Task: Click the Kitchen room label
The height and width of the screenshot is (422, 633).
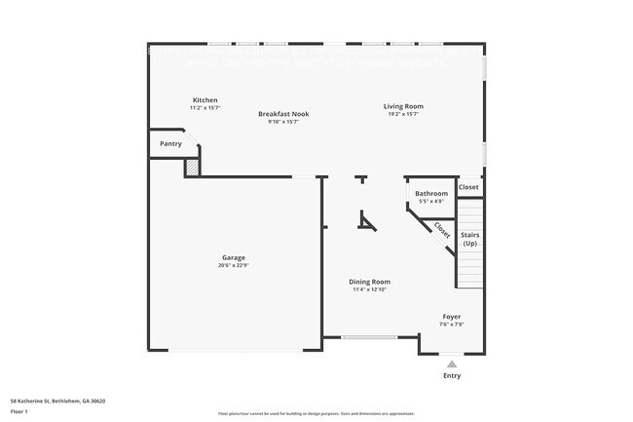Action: (x=205, y=100)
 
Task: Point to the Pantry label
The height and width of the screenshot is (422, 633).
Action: (x=171, y=144)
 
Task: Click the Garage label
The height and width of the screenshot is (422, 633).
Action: (x=234, y=257)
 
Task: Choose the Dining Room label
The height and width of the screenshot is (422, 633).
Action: (x=369, y=282)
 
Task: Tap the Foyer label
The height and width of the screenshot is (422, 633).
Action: (x=452, y=317)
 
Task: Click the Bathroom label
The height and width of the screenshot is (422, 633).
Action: (x=431, y=194)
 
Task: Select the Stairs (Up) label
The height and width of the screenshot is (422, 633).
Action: (x=470, y=239)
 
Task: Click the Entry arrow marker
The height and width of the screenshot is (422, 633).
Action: (x=452, y=364)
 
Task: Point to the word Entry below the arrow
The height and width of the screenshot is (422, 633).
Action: (x=452, y=375)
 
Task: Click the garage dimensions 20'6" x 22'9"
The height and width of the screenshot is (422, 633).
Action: (x=234, y=265)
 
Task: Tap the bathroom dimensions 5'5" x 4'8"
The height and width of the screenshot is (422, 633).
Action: (x=431, y=202)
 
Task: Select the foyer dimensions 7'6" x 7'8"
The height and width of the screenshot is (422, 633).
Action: (x=452, y=325)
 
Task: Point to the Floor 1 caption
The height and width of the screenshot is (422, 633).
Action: (x=19, y=412)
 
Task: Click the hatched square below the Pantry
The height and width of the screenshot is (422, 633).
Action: (x=193, y=169)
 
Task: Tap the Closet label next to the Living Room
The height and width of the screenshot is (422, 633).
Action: (x=468, y=186)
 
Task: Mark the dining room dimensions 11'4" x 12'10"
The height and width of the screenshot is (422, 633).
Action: (x=369, y=289)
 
